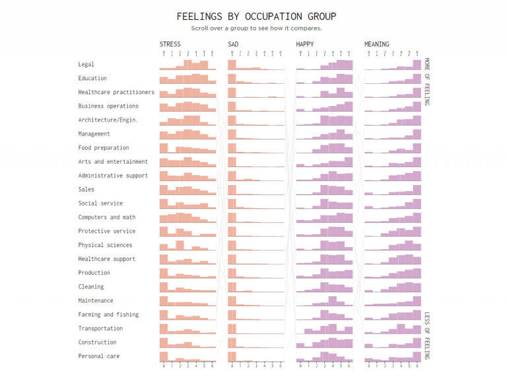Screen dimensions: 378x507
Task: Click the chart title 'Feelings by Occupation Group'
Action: [x=256, y=17]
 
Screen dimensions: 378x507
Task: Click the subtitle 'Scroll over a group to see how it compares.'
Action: [x=256, y=28]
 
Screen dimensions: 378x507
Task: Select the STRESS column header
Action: [x=170, y=44]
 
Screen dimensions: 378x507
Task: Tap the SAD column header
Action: [x=233, y=44]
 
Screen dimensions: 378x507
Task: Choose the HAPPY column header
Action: [x=305, y=44]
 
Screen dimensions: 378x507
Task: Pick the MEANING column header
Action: [x=376, y=44]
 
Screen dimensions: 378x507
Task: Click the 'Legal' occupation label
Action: [x=86, y=65]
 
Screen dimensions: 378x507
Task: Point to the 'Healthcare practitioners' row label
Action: [x=116, y=93]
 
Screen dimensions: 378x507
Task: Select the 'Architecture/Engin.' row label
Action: [x=108, y=120]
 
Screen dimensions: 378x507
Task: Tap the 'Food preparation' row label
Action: [x=104, y=148]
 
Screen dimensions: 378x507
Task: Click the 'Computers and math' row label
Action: [x=106, y=217]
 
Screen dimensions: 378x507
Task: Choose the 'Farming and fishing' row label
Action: [x=108, y=315]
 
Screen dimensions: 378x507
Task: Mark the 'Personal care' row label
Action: [x=99, y=356]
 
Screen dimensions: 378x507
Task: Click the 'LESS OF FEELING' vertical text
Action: [x=427, y=336]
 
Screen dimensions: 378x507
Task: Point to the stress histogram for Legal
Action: [x=187, y=65]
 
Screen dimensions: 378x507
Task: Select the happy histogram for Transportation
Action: [x=325, y=328]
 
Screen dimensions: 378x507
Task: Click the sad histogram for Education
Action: [x=255, y=79]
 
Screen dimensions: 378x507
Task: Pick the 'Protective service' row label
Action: [x=106, y=231]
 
